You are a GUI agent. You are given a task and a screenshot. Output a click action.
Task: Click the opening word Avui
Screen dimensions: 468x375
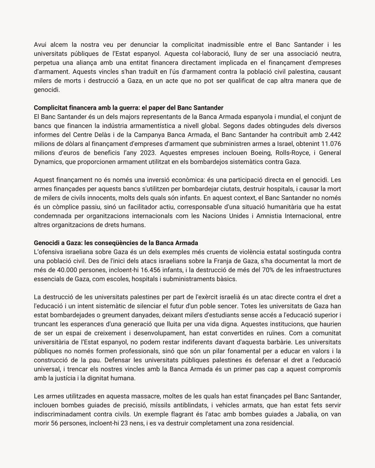pos(41,45)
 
